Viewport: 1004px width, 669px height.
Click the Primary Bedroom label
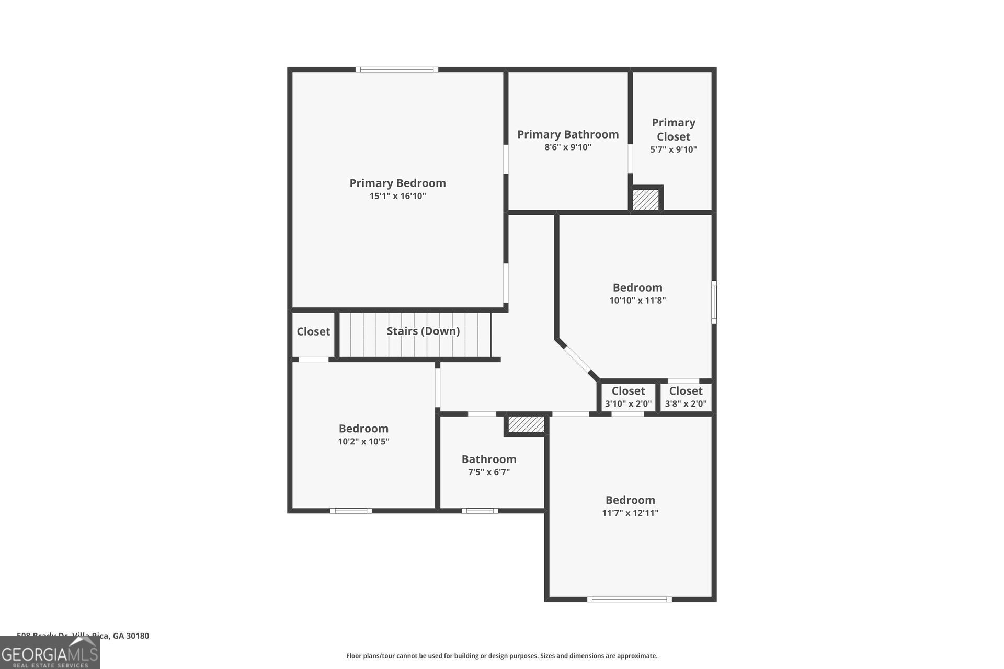tap(397, 183)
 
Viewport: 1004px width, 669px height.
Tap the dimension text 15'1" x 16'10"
tap(397, 197)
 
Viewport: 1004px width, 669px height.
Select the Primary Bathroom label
tap(568, 134)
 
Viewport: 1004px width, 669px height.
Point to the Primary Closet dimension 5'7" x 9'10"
tap(674, 149)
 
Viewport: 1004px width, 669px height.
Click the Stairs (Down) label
tap(423, 331)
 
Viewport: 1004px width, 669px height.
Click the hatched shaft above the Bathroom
tap(526, 424)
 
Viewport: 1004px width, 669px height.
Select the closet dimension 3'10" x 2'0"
tap(628, 404)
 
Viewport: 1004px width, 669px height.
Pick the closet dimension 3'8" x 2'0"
tap(686, 404)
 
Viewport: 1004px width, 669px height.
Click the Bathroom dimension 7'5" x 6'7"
tap(488, 472)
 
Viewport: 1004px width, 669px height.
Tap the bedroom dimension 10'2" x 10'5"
tap(363, 442)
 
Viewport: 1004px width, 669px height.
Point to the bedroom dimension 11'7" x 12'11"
tap(630, 513)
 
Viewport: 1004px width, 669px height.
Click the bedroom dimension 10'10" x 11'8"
tap(637, 301)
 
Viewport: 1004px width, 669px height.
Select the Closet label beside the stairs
tap(313, 331)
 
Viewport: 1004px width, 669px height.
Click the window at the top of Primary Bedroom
tap(397, 70)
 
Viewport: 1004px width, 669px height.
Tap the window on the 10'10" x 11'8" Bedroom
tap(714, 302)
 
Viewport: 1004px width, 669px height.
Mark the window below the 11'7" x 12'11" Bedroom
tap(629, 599)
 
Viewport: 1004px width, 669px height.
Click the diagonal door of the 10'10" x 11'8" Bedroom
tap(577, 359)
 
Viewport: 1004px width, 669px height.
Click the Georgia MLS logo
tap(50, 653)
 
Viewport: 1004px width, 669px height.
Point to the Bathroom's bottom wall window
tap(480, 511)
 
